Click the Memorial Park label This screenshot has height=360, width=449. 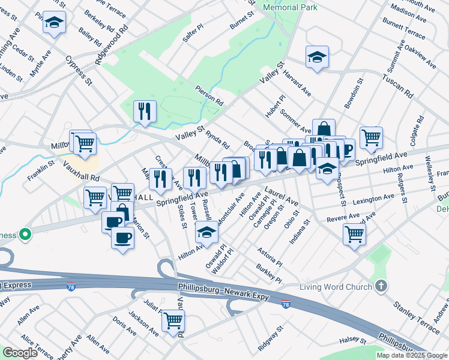click(x=290, y=7)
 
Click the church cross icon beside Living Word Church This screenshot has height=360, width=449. click(x=379, y=286)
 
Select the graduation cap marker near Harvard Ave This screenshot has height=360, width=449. click(x=317, y=58)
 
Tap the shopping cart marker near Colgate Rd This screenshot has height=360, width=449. click(x=372, y=136)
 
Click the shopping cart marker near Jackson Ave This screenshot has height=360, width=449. click(x=173, y=320)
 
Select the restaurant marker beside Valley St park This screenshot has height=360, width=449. click(x=145, y=111)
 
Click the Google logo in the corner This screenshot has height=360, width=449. click(x=20, y=353)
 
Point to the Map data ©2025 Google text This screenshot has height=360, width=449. click(x=412, y=355)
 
